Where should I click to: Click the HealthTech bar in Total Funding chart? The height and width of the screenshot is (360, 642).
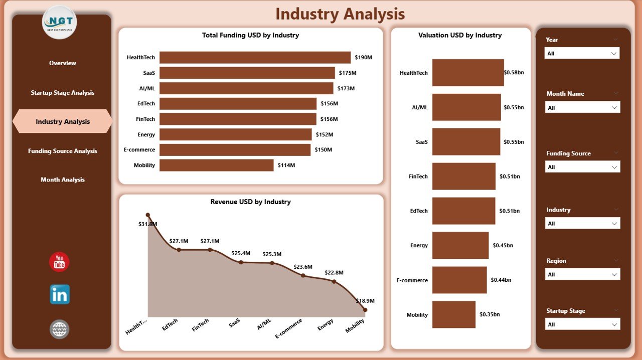point(255,57)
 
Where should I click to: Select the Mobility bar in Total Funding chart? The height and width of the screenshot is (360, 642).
point(216,165)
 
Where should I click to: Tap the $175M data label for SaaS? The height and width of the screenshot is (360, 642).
point(347,73)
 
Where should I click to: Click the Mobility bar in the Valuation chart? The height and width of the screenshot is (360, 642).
point(453,314)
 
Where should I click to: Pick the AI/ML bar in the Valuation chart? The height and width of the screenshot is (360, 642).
point(466,107)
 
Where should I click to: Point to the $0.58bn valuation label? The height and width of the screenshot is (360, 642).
point(514,73)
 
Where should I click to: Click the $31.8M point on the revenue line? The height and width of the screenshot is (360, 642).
point(147,215)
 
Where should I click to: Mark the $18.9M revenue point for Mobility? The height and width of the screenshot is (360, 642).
point(365,310)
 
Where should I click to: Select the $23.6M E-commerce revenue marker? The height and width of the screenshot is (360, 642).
point(303,275)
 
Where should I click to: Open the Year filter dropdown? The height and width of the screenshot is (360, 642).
point(582,53)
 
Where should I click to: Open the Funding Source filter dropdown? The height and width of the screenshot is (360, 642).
point(582,167)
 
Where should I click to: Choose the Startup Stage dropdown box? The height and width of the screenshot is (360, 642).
point(582,324)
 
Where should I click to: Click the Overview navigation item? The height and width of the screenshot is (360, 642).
point(63,63)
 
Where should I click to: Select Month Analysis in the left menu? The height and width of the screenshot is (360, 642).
point(63,180)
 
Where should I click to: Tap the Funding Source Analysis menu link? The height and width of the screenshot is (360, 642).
point(63,151)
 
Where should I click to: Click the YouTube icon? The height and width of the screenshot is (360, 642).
point(59,262)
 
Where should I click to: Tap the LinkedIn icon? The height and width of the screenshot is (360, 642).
point(60,294)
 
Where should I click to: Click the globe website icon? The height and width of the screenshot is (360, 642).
point(59,329)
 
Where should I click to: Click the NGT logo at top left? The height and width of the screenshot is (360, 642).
point(60,23)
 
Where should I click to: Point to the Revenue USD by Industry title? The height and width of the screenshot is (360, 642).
point(250,202)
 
